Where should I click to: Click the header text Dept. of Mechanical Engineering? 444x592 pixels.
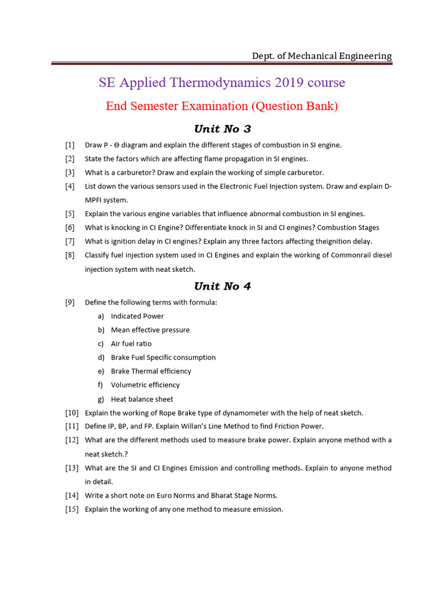[x=321, y=56]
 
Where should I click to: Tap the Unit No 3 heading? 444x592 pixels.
[x=222, y=128]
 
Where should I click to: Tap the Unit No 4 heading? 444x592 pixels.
[x=222, y=286]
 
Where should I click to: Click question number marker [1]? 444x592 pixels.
[x=70, y=145]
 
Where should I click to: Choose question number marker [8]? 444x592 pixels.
[x=70, y=255]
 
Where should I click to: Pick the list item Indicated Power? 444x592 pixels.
[x=137, y=316]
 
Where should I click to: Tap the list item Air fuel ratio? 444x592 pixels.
[x=131, y=343]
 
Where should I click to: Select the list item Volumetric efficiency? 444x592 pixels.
[x=145, y=385]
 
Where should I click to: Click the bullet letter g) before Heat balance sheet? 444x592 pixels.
[x=101, y=399]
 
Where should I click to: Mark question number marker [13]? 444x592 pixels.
[x=72, y=468]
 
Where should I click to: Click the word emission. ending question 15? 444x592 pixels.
[x=267, y=509]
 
